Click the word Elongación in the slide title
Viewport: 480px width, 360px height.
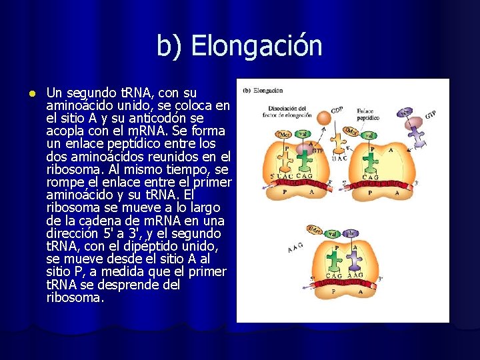click(x=256, y=46)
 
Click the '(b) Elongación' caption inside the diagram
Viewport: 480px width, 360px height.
click(x=263, y=91)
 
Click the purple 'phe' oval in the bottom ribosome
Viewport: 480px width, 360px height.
click(x=351, y=234)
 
